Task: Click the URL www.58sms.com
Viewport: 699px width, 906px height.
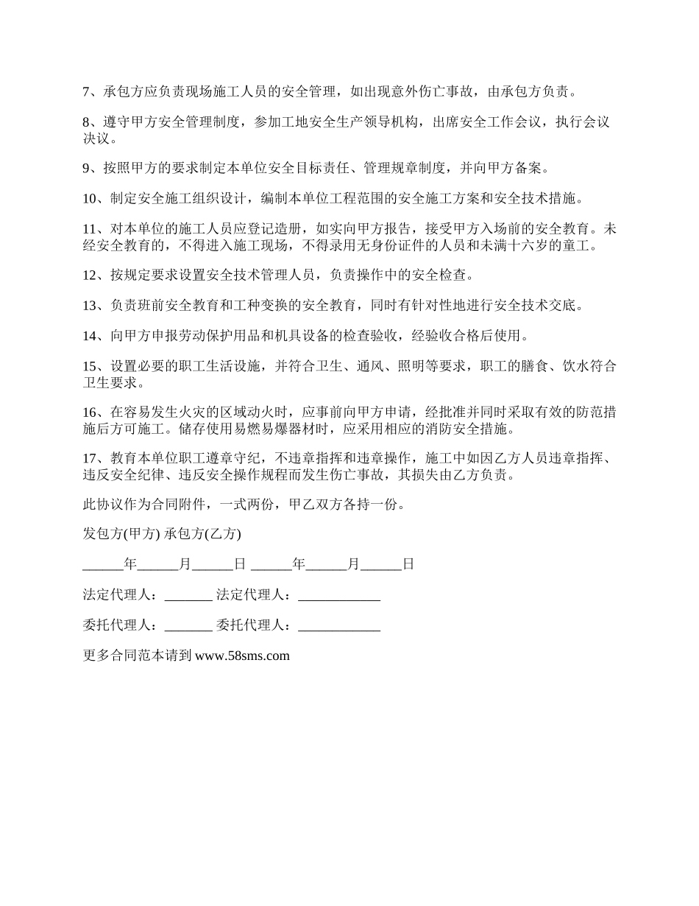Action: pyautogui.click(x=242, y=656)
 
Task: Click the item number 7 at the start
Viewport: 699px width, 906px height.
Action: pyautogui.click(x=85, y=92)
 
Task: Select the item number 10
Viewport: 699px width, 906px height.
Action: pyautogui.click(x=89, y=198)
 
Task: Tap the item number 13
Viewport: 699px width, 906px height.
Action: pyautogui.click(x=89, y=305)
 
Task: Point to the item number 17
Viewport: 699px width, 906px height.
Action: pyautogui.click(x=89, y=457)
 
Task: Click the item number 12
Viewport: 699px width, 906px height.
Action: pyautogui.click(x=89, y=275)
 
